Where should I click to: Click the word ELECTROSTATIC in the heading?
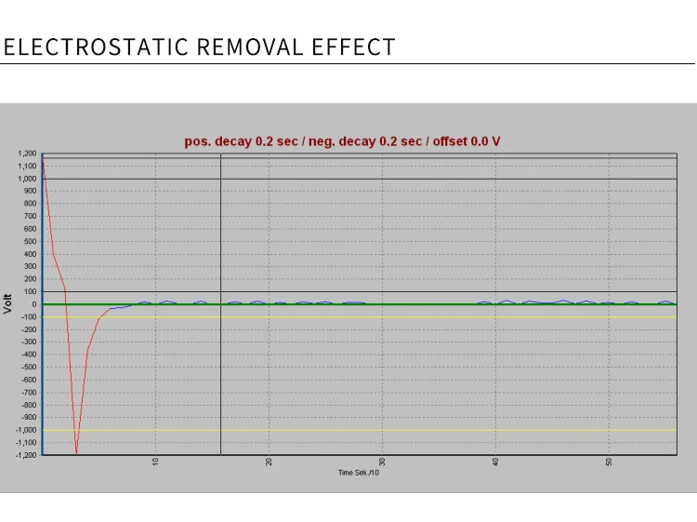coord(97,47)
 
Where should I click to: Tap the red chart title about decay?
coord(343,141)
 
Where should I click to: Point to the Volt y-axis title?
coord(8,302)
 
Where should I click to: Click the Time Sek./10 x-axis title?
coord(359,474)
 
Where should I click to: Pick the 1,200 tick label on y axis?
coord(26,154)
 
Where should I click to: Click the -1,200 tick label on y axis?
coord(25,455)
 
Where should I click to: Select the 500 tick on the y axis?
coord(30,241)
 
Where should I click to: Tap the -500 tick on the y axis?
coord(29,367)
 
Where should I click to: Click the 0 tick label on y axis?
coord(33,304)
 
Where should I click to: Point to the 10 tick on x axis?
coord(156,462)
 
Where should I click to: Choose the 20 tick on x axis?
coord(270,462)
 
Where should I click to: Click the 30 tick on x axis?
coord(382,462)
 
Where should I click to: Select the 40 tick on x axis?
coord(495,462)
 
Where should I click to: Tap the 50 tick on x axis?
coord(609,462)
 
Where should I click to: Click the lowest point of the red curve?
coord(76,453)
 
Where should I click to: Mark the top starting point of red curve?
coord(42,155)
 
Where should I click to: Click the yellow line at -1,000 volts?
coord(372,430)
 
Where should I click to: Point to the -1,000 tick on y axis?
coord(25,430)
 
